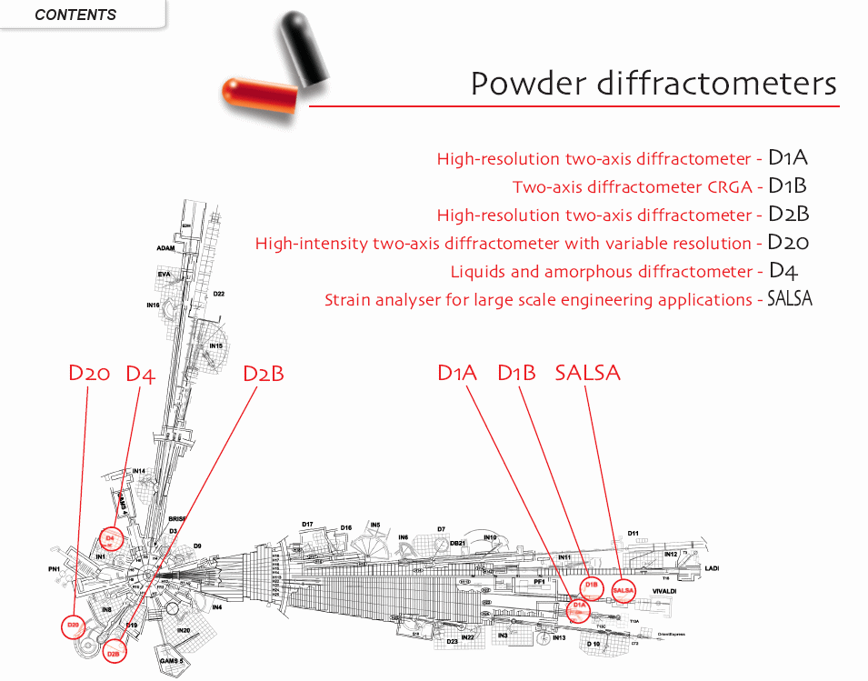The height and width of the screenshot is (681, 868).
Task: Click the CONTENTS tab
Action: pyautogui.click(x=76, y=15)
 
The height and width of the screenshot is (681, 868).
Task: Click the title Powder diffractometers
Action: pyautogui.click(x=653, y=84)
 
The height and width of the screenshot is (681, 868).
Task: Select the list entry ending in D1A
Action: pyautogui.click(x=622, y=158)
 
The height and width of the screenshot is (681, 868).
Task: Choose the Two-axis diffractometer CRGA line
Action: pyautogui.click(x=659, y=186)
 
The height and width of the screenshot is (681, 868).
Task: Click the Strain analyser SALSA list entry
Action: pyautogui.click(x=568, y=299)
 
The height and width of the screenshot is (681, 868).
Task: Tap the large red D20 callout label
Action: pyautogui.click(x=89, y=374)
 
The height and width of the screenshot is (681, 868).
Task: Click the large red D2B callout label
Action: pyautogui.click(x=264, y=374)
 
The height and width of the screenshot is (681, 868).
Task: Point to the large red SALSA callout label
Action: pyautogui.click(x=587, y=373)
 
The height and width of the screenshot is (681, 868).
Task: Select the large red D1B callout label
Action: pyautogui.click(x=516, y=373)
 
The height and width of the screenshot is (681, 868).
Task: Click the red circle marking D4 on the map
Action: pyautogui.click(x=110, y=539)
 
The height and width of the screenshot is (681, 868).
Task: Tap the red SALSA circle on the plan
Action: pyautogui.click(x=624, y=591)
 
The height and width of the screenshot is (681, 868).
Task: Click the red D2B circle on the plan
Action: pyautogui.click(x=114, y=651)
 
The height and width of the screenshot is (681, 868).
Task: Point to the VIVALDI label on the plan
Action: pyautogui.click(x=663, y=591)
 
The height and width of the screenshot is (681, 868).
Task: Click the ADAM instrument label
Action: pyautogui.click(x=165, y=247)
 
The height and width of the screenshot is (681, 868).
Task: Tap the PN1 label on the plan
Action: pyautogui.click(x=54, y=569)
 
